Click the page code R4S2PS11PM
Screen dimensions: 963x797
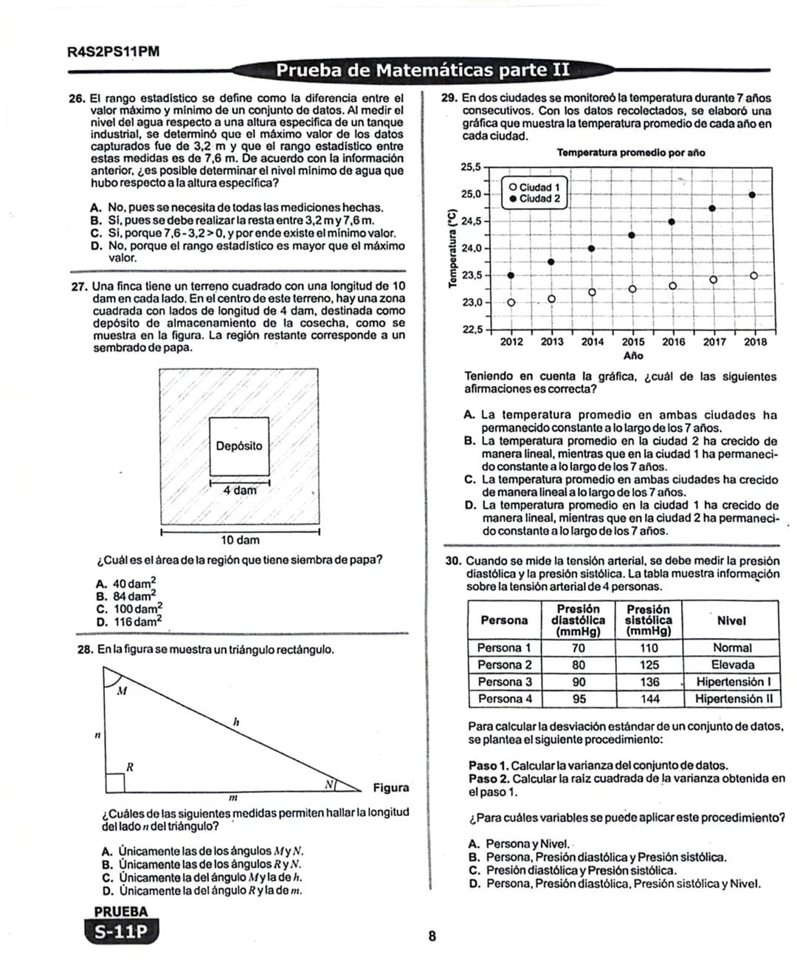113,52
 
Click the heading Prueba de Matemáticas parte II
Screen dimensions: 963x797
422,70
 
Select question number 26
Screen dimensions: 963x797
77,97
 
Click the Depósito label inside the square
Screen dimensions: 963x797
238,446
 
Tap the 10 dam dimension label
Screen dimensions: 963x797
241,540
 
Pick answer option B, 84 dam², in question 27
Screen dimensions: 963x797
126,596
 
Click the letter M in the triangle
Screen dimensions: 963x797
123,691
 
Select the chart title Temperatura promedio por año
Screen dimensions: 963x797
630,153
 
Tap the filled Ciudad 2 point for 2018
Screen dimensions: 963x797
752,194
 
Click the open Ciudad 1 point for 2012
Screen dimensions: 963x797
511,302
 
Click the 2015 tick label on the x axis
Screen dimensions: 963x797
632,342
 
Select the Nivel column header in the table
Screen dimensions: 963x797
731,621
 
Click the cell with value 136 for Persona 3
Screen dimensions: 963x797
649,682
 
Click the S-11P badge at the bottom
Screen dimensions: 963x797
121,932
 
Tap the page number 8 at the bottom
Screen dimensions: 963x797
432,937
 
